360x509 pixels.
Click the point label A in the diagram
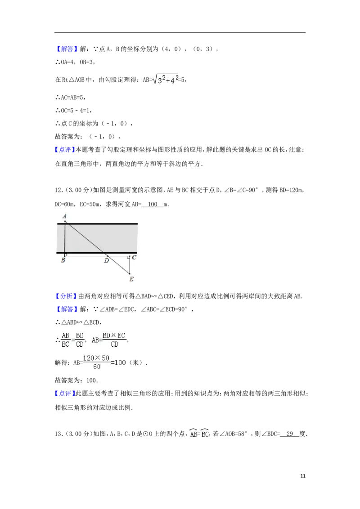click(x=65, y=216)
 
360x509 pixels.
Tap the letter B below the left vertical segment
click(x=63, y=260)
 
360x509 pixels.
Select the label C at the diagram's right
click(x=134, y=258)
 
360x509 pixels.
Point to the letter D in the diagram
click(x=107, y=260)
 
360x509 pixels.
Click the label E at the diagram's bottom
click(x=131, y=279)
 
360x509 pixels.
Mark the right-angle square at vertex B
click(x=66, y=254)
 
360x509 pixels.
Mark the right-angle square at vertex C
click(x=128, y=257)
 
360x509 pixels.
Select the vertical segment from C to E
click(x=130, y=265)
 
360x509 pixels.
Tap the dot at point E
click(x=130, y=273)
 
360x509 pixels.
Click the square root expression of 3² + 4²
click(x=166, y=80)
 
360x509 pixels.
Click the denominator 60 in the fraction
click(x=96, y=367)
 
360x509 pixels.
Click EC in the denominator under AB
click(x=66, y=344)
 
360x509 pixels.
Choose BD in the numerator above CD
click(x=80, y=335)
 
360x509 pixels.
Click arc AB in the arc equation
click(x=194, y=435)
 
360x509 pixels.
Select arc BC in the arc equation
click(x=205, y=435)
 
